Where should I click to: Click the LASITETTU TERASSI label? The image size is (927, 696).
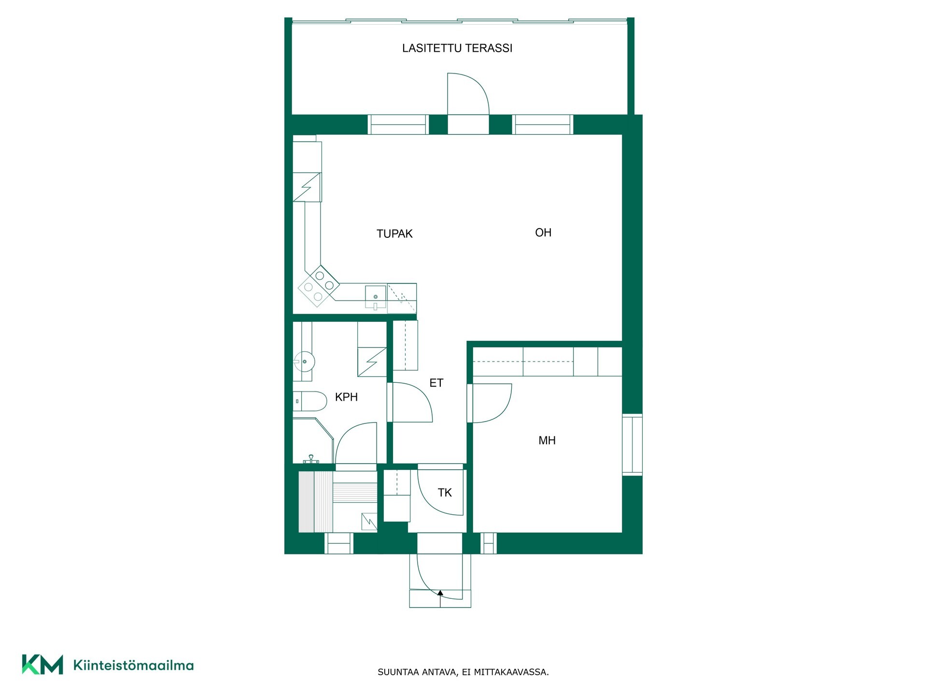pos(457,48)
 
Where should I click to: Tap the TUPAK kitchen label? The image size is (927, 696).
pos(394,234)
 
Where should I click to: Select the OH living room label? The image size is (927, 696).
pos(543,232)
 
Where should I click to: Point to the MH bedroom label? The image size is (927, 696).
pos(547,440)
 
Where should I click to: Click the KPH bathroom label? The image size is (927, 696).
pos(346,397)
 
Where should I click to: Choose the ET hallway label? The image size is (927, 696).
pos(436,383)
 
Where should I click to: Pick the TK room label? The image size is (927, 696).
pos(445,493)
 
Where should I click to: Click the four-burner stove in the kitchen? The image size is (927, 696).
pos(319,286)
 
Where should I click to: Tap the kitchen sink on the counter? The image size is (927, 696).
pos(376,297)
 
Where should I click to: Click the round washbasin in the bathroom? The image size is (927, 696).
pos(305,360)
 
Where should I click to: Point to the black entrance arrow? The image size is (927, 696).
pos(440,592)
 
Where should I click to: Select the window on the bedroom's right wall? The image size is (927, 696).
pos(632,445)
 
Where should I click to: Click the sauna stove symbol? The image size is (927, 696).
pos(369,522)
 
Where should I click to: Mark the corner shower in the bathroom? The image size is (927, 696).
pos(313,441)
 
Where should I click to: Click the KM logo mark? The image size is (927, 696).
pos(42,665)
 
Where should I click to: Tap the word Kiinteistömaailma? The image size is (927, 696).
pos(133,665)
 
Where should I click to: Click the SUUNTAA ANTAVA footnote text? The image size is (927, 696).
pos(463,672)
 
